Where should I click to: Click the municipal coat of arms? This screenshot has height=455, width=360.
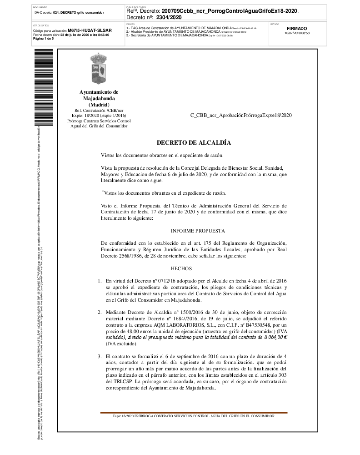[x=99, y=69]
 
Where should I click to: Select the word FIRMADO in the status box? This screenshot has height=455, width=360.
[x=297, y=28]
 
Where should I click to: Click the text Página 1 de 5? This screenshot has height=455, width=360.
[x=44, y=39]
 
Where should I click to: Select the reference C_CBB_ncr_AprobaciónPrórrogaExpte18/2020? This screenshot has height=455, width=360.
[x=241, y=115]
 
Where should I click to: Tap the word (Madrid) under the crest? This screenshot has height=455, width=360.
[x=99, y=105]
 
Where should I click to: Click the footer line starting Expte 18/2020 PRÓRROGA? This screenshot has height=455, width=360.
[x=194, y=416]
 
